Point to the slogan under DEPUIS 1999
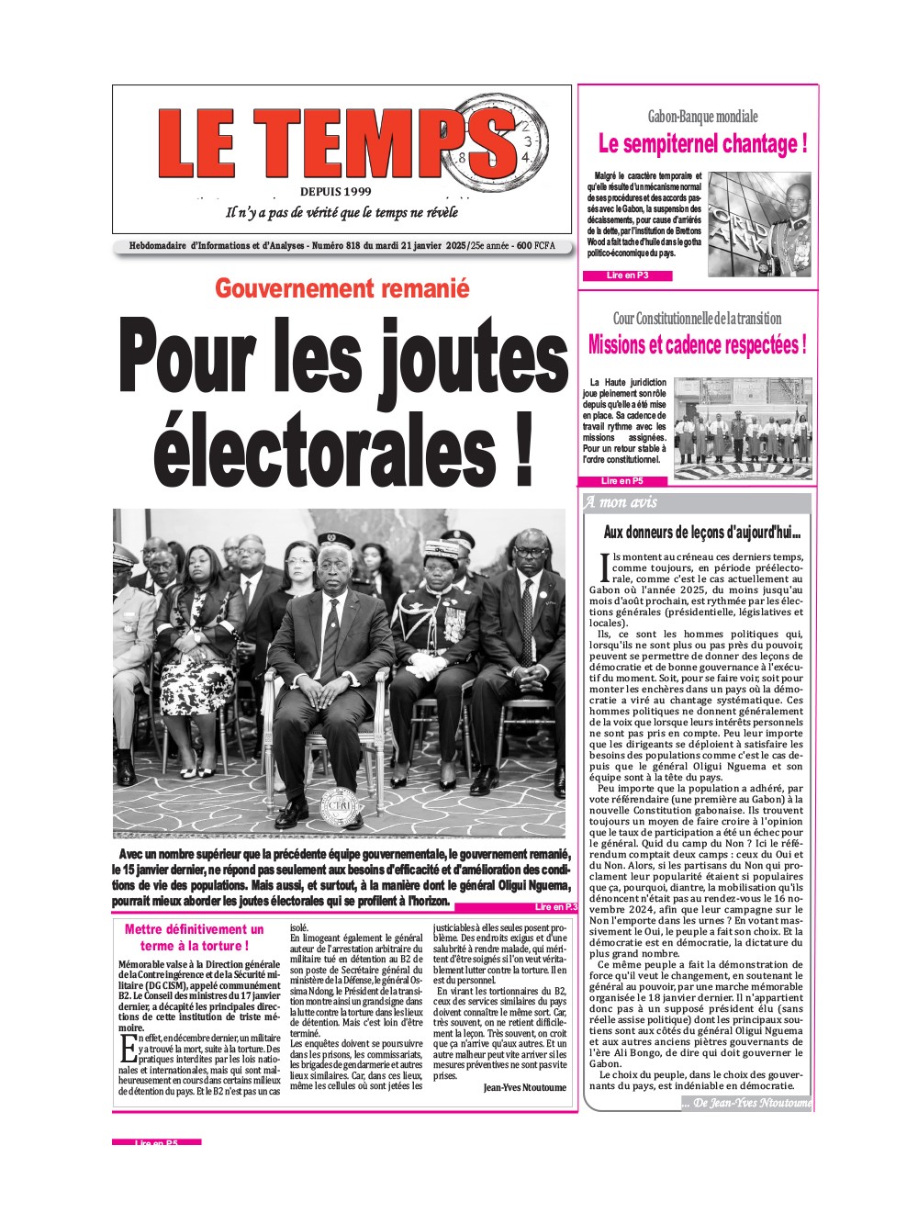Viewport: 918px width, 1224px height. click(341, 213)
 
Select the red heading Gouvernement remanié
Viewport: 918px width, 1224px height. click(341, 288)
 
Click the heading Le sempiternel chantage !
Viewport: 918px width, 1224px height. click(702, 144)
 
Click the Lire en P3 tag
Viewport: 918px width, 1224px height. click(627, 275)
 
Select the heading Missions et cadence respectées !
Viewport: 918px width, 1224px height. click(697, 345)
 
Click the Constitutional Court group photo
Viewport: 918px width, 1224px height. click(744, 427)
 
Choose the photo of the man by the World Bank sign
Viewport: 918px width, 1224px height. click(759, 223)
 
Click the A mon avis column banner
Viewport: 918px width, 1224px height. click(697, 502)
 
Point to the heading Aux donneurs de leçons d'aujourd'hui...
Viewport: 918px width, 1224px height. click(701, 532)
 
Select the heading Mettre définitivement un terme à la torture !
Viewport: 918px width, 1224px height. click(194, 938)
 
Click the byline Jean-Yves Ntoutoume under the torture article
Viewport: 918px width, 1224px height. click(524, 1087)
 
